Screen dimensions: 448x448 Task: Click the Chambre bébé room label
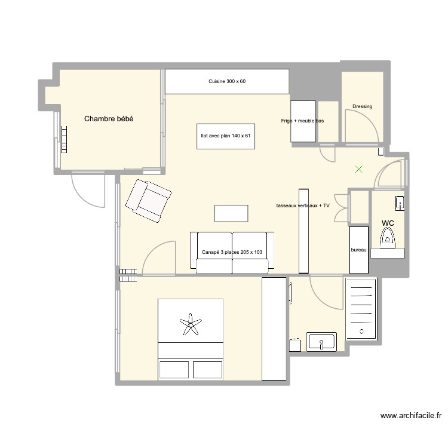108,119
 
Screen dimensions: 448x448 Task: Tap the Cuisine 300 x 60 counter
227,81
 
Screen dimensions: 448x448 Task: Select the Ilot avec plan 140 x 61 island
226,136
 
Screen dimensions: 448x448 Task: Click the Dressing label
362,106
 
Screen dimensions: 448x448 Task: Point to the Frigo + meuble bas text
302,121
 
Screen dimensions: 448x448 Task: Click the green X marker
358,170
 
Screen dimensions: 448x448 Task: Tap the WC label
388,223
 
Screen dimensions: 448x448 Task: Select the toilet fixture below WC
388,240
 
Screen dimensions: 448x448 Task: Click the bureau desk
358,250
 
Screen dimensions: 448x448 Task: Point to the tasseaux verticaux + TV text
303,205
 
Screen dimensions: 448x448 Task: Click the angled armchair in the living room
148,201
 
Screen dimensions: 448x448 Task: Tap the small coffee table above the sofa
231,213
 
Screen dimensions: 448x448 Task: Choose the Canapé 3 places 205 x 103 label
232,252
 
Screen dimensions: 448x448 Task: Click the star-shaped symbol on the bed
191,324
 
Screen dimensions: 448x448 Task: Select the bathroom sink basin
321,342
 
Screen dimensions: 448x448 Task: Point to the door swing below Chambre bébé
87,190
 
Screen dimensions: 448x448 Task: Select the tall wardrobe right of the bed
274,329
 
